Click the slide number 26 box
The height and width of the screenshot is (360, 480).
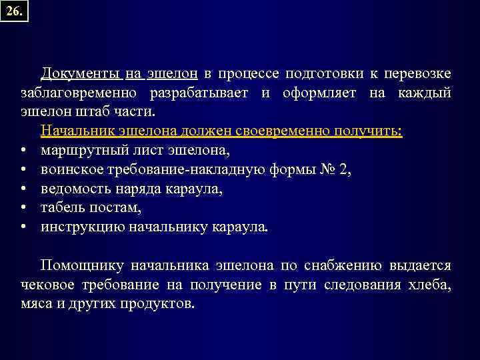(14, 11)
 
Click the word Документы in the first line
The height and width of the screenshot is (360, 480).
(81, 73)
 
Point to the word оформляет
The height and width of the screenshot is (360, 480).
(323, 92)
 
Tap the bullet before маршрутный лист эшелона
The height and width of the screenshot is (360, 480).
(23, 151)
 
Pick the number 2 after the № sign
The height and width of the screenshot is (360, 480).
(343, 169)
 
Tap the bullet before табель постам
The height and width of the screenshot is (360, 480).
(23, 208)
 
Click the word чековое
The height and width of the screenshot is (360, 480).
(44, 285)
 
